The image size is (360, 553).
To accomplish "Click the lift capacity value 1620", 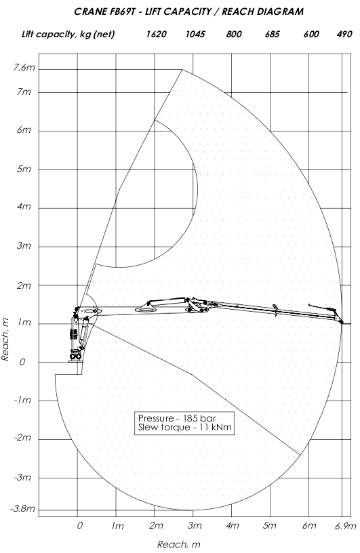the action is tap(157, 34).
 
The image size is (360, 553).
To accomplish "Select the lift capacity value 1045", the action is tap(195, 34).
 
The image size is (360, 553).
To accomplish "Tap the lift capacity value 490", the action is tap(344, 34).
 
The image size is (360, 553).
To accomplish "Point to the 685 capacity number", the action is tap(272, 34).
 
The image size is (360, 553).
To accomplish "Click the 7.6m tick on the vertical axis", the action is tap(24, 67).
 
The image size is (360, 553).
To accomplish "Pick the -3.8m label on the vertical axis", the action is tap(23, 508).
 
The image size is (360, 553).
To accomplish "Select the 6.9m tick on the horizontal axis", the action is tap(346, 526).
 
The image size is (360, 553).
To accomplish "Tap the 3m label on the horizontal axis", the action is tap(195, 526).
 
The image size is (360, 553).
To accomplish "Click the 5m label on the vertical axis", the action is tap(24, 169).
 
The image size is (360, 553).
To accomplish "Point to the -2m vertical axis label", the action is tap(22, 438).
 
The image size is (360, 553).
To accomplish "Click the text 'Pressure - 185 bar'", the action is tap(177, 418).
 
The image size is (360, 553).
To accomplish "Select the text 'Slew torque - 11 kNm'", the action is tap(185, 428).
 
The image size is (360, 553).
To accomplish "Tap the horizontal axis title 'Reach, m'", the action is tap(178, 545).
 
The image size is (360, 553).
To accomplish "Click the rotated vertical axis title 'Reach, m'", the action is tap(5, 340).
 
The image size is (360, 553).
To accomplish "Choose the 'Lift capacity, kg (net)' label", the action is tap(68, 34).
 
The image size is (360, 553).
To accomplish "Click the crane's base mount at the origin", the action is tap(75, 356).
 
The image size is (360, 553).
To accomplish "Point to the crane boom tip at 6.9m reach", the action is tap(341, 322).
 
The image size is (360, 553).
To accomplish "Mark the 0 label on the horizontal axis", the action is tap(80, 525).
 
